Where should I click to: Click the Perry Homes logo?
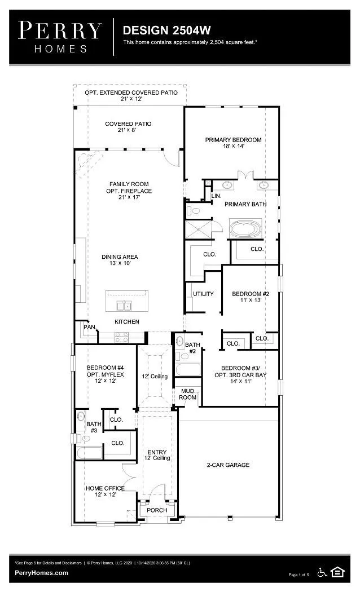(x=60, y=36)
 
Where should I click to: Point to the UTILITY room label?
(x=203, y=294)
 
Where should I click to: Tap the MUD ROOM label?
(x=188, y=394)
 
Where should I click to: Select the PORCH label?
(x=157, y=510)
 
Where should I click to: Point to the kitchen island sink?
(x=124, y=306)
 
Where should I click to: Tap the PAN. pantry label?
(x=89, y=326)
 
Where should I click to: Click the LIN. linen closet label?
(x=216, y=196)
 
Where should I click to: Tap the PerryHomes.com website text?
(x=41, y=573)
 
